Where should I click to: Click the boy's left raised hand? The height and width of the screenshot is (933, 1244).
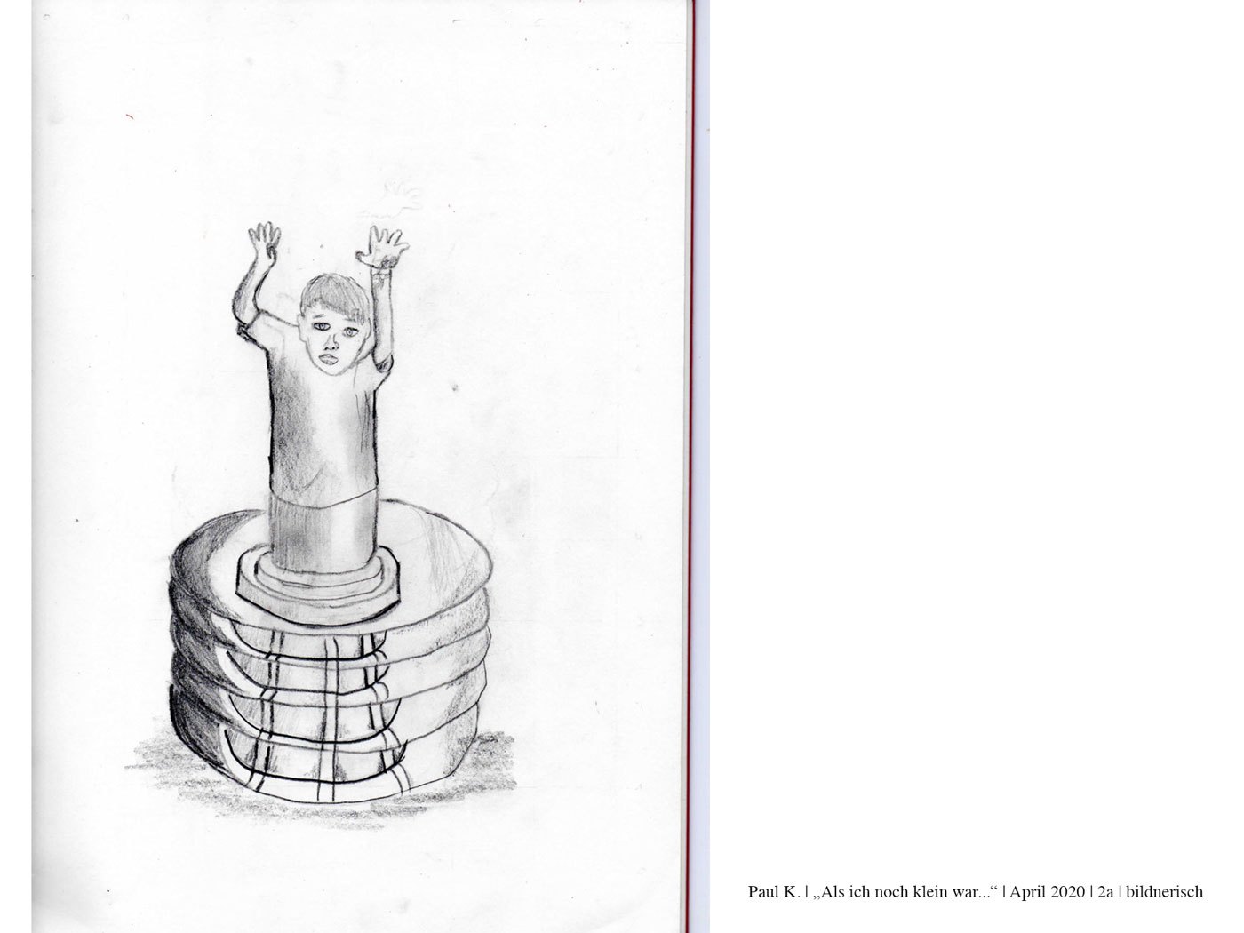(264, 242)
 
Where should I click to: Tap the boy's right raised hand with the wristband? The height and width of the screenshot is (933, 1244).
(382, 247)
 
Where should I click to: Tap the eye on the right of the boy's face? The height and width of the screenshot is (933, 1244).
(350, 331)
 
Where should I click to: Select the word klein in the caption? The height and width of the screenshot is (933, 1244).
(913, 892)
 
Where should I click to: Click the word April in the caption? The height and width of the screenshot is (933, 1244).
(1025, 892)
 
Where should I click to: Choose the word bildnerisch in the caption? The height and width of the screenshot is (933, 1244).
(1164, 892)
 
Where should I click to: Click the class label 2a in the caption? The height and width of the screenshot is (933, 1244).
(1105, 892)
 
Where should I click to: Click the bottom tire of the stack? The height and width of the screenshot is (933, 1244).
(323, 759)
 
